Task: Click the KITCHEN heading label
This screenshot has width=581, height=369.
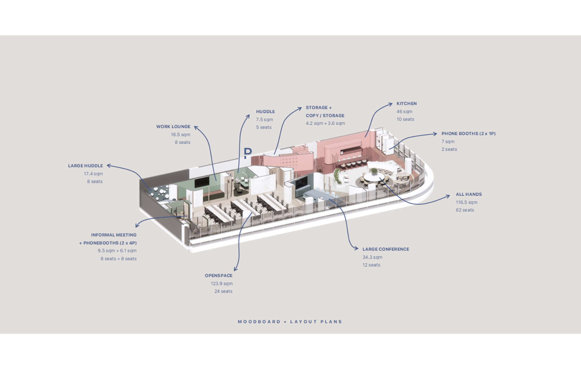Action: click(407, 104)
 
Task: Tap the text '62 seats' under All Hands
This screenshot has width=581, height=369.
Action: click(465, 210)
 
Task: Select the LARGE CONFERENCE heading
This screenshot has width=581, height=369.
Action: click(386, 249)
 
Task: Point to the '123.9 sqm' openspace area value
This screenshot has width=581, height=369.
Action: click(222, 284)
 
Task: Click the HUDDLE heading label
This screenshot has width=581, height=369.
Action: click(265, 112)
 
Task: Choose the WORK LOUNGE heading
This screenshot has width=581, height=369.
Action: click(173, 127)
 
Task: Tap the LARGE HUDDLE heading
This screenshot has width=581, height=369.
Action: click(86, 166)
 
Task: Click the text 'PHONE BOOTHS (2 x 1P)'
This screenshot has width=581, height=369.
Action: click(469, 134)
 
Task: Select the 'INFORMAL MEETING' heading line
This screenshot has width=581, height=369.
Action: click(114, 235)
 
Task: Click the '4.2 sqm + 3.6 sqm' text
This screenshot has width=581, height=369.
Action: click(325, 123)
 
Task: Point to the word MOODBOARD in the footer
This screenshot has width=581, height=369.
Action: click(259, 322)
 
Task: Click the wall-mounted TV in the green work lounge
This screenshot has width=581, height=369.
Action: click(202, 182)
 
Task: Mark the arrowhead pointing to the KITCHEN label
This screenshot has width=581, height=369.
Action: click(390, 104)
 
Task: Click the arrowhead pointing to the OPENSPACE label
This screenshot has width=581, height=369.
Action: click(236, 269)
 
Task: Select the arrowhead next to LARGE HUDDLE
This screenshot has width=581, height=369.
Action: click(109, 166)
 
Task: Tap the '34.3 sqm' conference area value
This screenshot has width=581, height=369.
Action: click(372, 257)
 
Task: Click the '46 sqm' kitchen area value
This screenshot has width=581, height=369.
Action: click(404, 112)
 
